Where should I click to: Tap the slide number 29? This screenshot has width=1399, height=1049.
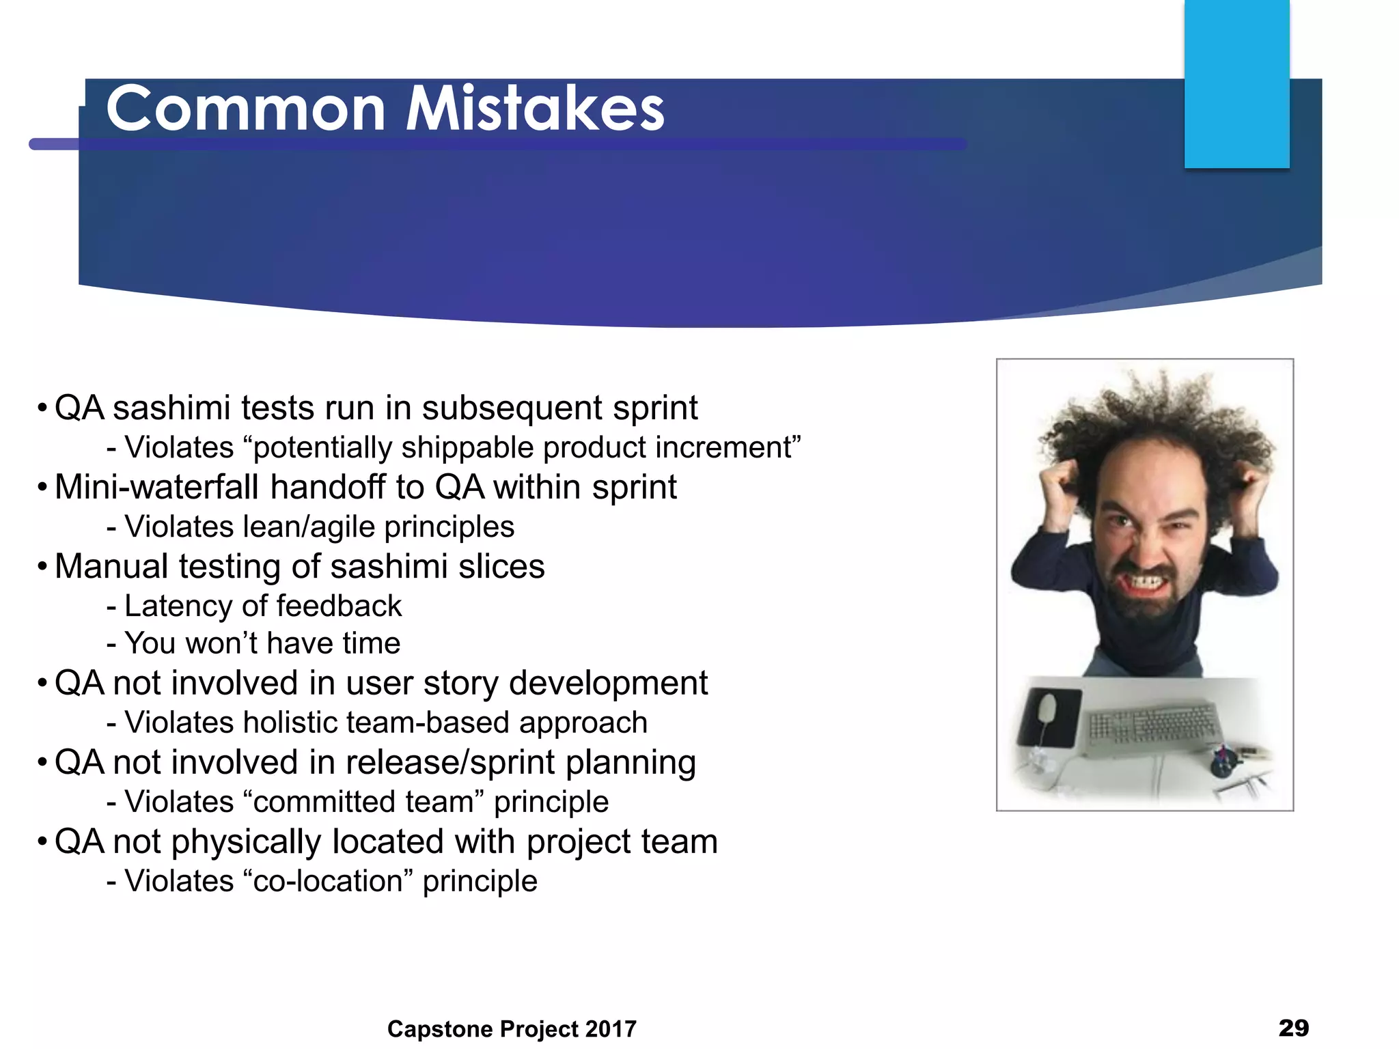(x=1293, y=1027)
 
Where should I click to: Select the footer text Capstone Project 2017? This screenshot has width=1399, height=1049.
(x=512, y=1029)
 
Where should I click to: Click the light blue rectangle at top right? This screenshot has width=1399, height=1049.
(x=1236, y=83)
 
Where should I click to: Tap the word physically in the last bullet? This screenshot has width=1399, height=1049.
(x=246, y=841)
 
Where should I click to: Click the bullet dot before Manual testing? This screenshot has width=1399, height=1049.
(x=42, y=566)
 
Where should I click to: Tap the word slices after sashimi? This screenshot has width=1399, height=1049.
(x=501, y=566)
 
